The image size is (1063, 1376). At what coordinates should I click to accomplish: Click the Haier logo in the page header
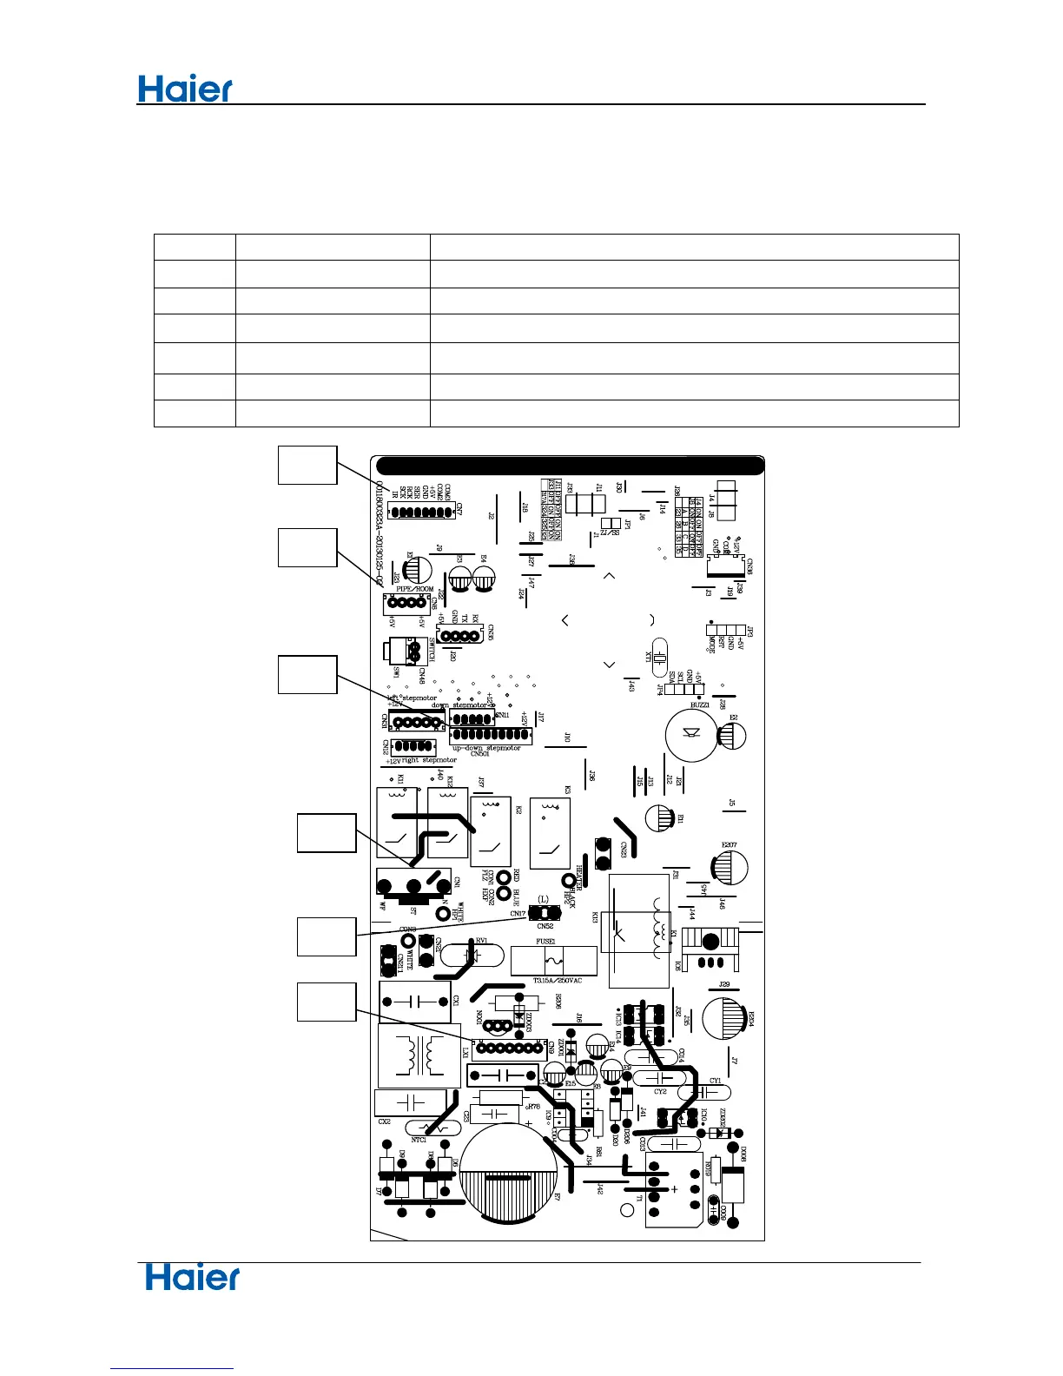click(186, 89)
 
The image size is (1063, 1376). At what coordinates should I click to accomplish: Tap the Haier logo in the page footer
click(193, 1277)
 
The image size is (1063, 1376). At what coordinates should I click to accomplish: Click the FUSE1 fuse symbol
click(553, 961)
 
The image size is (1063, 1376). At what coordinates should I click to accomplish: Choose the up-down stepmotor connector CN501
click(490, 735)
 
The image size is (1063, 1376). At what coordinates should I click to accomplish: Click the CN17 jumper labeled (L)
click(545, 913)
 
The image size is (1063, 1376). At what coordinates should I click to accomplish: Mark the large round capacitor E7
click(509, 1172)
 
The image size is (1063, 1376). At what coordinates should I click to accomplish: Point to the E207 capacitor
click(730, 866)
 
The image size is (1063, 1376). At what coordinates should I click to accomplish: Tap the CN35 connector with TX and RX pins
click(459, 636)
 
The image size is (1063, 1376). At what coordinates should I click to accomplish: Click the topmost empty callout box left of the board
click(307, 465)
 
